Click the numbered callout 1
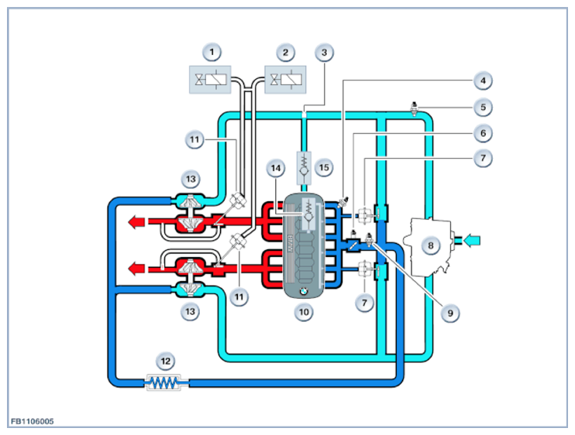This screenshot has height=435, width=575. (212, 53)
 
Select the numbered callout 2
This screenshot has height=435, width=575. (285, 53)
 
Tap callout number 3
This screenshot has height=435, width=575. (324, 53)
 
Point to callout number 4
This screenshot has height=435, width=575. (483, 80)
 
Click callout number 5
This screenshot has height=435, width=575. (483, 108)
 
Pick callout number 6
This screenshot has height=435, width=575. (483, 133)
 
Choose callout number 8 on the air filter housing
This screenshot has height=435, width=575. (431, 245)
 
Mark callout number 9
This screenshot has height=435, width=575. (450, 313)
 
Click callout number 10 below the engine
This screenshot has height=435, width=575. (304, 312)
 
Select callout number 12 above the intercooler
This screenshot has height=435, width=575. (165, 361)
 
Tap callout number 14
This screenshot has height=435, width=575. (276, 168)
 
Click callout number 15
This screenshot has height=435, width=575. (324, 168)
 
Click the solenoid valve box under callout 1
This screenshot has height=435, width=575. (210, 80)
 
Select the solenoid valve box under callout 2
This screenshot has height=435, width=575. (285, 80)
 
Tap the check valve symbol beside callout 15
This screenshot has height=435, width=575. (304, 168)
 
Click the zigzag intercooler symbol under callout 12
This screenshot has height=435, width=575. (164, 382)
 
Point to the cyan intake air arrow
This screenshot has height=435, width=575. (472, 241)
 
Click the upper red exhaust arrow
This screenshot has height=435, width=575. (136, 221)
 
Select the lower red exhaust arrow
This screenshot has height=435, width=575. (136, 269)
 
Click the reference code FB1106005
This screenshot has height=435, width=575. (33, 421)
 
